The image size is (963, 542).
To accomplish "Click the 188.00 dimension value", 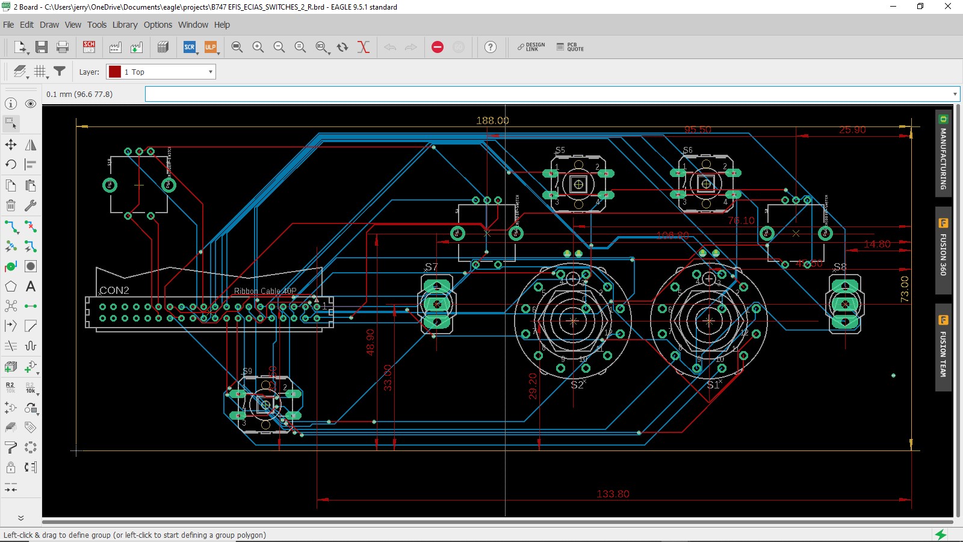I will coord(492,120).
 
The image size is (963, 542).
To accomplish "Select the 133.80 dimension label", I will coord(613,494).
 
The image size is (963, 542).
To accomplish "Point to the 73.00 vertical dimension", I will coord(904,289).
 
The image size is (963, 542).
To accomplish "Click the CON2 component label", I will coord(114,290).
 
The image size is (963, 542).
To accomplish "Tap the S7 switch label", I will coord(431,267).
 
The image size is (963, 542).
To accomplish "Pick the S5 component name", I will coord(560,150).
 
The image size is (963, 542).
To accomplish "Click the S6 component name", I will coord(688,150).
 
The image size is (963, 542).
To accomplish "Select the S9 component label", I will coord(247,371).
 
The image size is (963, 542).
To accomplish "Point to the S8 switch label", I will coord(840,267).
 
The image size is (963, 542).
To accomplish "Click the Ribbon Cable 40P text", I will coord(265,291).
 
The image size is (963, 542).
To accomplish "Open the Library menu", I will coord(125,25).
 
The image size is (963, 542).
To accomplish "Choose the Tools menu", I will coord(96,25).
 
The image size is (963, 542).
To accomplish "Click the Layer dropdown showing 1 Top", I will coord(161,72).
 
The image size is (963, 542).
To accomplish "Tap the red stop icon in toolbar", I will coord(438,47).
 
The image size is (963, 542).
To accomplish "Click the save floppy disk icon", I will coord(42,47).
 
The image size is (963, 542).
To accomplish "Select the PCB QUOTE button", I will coord(570,47).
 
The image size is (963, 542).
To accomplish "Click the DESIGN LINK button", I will coord(531,47).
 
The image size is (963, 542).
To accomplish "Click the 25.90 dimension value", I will coord(852,129).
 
